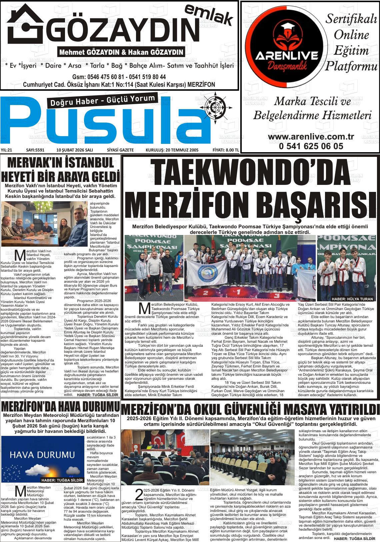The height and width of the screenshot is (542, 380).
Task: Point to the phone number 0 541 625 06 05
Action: point(311,146)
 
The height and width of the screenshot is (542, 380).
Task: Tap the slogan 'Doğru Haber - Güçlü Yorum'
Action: point(103,101)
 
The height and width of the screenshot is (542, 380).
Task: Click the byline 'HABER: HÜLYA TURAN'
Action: point(352,299)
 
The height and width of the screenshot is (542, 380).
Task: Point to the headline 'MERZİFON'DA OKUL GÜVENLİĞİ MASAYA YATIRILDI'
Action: point(250,409)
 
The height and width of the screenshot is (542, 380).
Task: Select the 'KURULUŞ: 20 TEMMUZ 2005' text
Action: point(172,150)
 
